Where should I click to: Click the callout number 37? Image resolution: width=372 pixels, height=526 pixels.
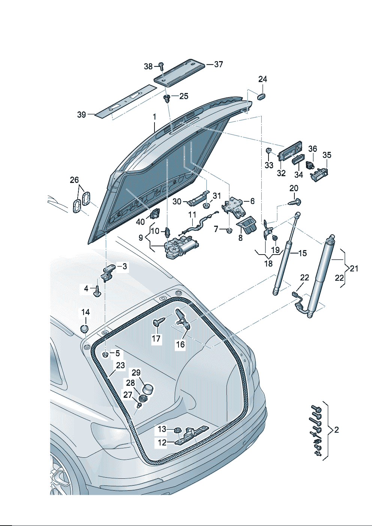tap(219, 64)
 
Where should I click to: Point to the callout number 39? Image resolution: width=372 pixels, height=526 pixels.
tap(81, 114)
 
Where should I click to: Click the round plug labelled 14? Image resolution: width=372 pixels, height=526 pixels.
tap(85, 329)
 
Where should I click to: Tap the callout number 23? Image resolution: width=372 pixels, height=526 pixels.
tap(120, 365)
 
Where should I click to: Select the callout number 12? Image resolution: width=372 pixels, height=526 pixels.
tap(162, 442)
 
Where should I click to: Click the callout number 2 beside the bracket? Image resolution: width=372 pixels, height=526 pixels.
tap(336, 430)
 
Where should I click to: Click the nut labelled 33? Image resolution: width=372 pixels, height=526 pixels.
tap(268, 151)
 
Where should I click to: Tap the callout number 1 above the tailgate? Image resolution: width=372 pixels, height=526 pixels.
tap(154, 117)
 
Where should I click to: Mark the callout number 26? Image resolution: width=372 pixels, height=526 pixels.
tap(74, 180)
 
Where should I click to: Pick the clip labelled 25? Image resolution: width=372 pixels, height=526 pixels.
tap(166, 98)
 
